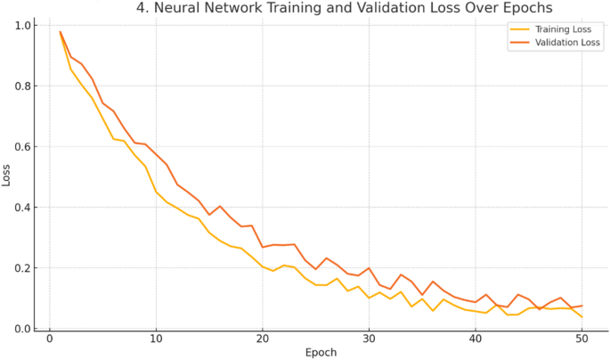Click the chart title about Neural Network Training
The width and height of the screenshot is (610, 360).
[344, 8]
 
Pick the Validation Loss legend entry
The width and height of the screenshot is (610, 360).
[560, 42]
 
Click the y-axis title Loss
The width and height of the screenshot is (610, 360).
[7, 176]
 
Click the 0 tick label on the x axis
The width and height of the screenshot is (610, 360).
[50, 339]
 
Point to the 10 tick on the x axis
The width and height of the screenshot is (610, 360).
[156, 339]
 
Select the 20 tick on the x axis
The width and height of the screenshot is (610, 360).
[263, 339]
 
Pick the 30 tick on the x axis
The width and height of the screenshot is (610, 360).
[369, 339]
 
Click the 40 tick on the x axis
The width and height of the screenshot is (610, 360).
[476, 339]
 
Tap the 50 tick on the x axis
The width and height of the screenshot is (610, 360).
[582, 339]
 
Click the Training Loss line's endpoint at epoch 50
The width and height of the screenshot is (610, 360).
[582, 317]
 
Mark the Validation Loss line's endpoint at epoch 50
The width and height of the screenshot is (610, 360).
[582, 306]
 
